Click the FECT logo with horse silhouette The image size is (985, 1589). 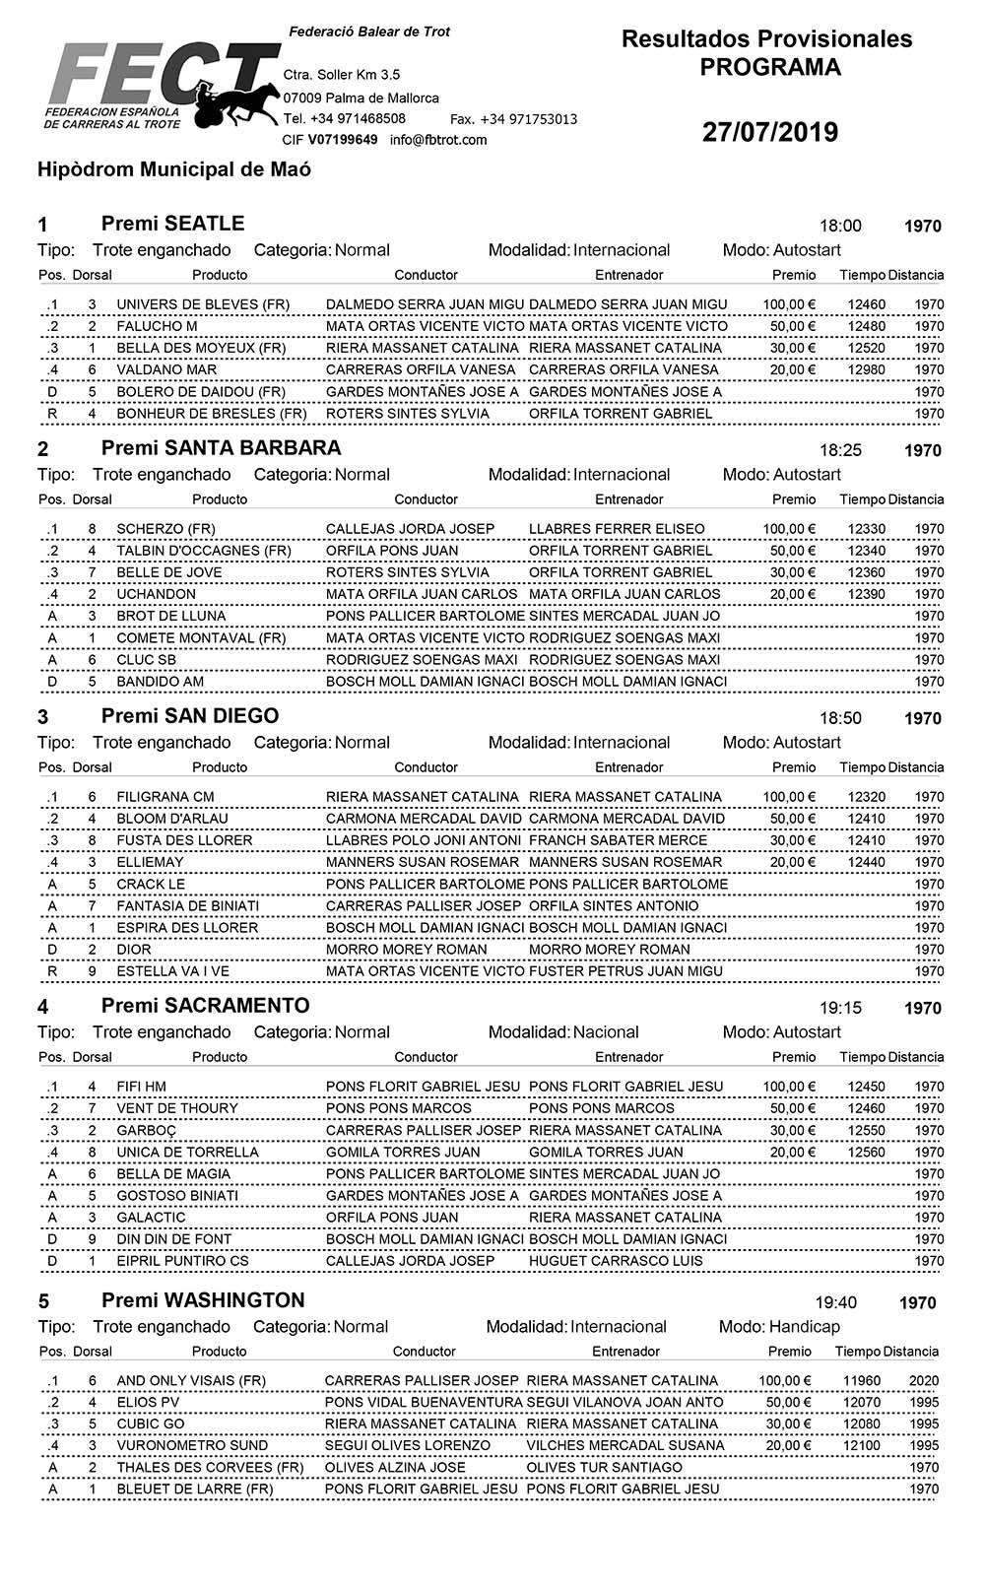163,86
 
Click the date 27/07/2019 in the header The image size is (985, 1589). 769,133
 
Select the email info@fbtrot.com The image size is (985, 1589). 438,140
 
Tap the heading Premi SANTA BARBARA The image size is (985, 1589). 221,448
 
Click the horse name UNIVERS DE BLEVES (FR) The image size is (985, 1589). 203,304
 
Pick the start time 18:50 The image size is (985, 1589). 840,718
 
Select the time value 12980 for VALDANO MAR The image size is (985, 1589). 866,369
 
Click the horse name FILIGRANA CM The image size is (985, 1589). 164,797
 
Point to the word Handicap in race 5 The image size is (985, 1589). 804,1327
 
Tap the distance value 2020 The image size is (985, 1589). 923,1381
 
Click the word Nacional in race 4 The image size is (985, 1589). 606,1032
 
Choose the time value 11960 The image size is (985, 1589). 862,1381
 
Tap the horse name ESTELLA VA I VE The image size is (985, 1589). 172,971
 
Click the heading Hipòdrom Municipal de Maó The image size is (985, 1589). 174,169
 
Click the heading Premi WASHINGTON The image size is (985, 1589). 203,1300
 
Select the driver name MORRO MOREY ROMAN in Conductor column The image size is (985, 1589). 406,950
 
